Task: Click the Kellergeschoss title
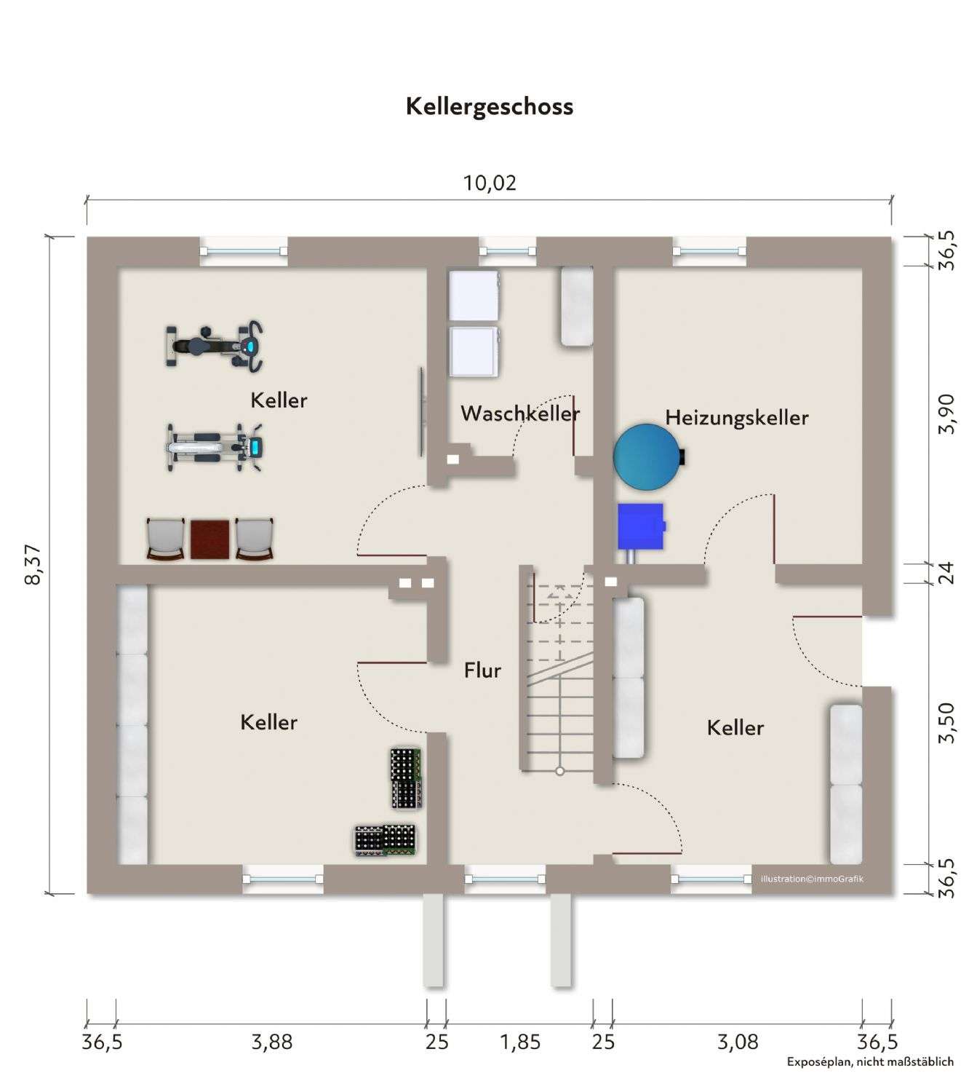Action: click(x=489, y=106)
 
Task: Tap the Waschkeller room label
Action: click(x=520, y=414)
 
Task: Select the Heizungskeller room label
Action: click(x=736, y=417)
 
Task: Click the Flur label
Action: click(x=482, y=670)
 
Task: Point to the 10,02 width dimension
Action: click(x=490, y=183)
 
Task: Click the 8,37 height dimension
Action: click(x=34, y=565)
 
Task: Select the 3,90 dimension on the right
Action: click(x=946, y=414)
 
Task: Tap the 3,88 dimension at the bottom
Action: click(x=271, y=1042)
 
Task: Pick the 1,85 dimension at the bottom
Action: click(x=520, y=1042)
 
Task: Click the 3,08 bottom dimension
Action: click(x=738, y=1042)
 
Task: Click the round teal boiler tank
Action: click(x=646, y=456)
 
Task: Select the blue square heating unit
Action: click(x=641, y=526)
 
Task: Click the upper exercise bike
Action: click(x=214, y=345)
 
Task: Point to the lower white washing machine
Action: click(x=474, y=352)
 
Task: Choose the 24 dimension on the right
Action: click(x=946, y=573)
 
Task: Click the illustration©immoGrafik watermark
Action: click(x=812, y=879)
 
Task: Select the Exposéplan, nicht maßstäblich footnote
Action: click(x=869, y=1061)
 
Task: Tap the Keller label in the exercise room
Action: click(x=279, y=400)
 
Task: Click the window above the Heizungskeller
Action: click(x=709, y=250)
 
